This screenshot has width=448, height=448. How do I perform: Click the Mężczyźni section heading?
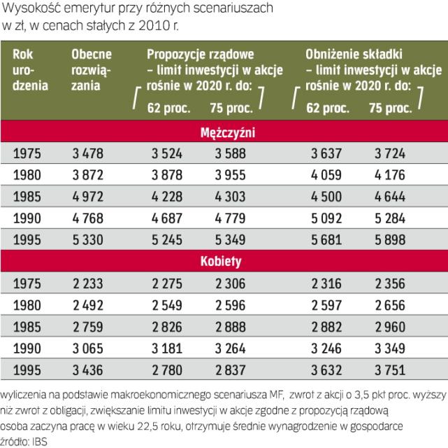pos(224,131)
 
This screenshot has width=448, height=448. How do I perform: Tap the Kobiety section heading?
pos(224,262)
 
